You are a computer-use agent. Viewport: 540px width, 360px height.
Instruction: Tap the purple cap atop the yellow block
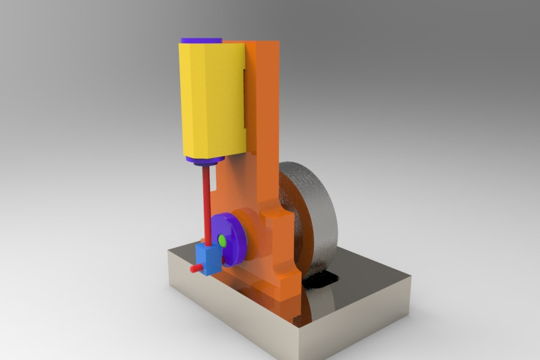click(x=200, y=40)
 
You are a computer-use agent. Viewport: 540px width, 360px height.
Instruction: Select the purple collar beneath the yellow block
click(x=204, y=161)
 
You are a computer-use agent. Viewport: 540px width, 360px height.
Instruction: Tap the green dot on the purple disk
click(x=221, y=240)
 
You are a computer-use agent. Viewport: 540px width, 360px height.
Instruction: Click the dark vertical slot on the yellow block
click(x=243, y=98)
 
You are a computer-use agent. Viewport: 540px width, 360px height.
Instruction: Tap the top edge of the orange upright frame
click(x=263, y=43)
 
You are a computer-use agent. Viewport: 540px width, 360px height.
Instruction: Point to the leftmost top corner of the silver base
click(x=169, y=251)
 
